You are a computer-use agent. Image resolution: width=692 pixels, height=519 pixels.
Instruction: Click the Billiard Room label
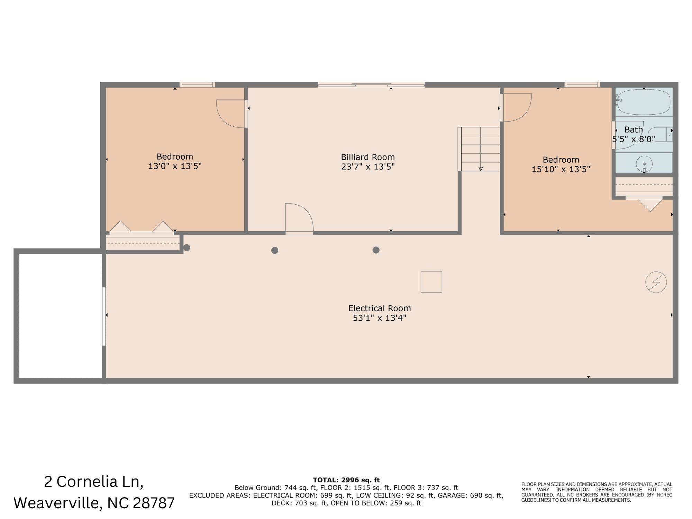click(368, 157)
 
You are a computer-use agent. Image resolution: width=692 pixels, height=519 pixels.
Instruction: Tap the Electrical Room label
click(379, 308)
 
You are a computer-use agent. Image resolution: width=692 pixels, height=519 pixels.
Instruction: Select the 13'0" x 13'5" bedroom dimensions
click(175, 166)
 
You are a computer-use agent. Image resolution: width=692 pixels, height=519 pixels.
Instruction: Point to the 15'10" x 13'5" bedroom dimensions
click(561, 169)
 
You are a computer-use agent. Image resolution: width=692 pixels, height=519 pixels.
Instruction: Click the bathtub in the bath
click(644, 102)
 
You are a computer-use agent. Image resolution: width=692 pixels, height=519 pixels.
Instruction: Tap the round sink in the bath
click(644, 164)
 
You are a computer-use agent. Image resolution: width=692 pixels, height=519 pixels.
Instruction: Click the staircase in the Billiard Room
click(480, 149)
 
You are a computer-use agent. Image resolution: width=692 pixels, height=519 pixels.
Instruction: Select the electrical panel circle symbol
click(656, 282)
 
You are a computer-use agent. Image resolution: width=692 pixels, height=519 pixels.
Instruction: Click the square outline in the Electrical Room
click(431, 282)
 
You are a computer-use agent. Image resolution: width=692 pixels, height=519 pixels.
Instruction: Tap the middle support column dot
click(275, 250)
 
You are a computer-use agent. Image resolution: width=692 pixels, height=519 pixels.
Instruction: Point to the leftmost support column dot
click(186, 248)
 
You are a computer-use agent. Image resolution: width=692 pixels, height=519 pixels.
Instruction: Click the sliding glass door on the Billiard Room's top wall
click(371, 84)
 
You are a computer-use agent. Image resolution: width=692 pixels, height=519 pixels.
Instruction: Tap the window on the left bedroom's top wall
click(197, 85)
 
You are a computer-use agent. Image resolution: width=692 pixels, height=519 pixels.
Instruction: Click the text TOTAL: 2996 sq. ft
click(346, 480)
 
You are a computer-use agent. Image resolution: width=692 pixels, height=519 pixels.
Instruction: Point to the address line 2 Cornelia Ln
click(93, 482)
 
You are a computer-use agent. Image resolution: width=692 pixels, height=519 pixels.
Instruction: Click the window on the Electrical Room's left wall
click(104, 316)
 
